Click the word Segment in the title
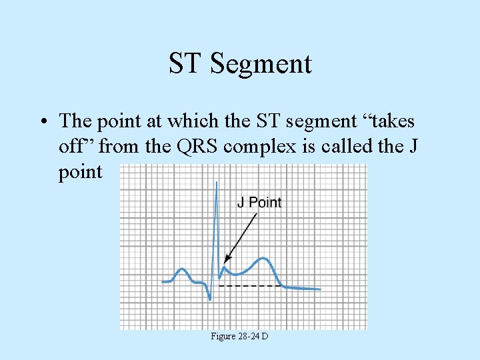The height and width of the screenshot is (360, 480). point(261,63)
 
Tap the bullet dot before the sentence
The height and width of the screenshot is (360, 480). point(43,121)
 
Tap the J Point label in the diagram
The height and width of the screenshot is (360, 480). point(259,202)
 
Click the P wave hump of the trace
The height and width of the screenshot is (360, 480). point(181,271)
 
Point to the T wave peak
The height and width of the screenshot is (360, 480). point(265,258)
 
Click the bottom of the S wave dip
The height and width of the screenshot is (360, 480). point(210,299)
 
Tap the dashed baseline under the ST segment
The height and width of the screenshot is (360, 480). point(250,286)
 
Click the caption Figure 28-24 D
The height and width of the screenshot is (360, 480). point(239,337)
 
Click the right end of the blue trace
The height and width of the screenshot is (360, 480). point(320,289)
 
